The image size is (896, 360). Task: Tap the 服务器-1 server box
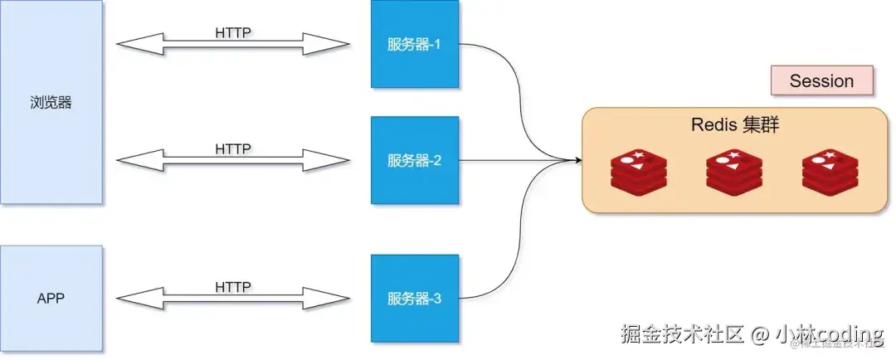(x=414, y=44)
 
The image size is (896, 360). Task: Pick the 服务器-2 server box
(x=414, y=159)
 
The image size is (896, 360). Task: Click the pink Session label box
(x=821, y=81)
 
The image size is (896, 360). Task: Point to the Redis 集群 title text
(x=734, y=126)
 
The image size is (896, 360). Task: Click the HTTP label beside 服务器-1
(x=233, y=33)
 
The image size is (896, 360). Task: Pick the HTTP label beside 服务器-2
(x=233, y=149)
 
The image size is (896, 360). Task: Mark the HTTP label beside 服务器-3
(x=233, y=286)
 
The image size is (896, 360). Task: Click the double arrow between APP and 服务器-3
(x=233, y=299)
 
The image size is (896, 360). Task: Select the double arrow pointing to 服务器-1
(x=233, y=45)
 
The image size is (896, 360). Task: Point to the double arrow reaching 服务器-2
(x=233, y=161)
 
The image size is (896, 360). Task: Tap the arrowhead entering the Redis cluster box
(x=574, y=159)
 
